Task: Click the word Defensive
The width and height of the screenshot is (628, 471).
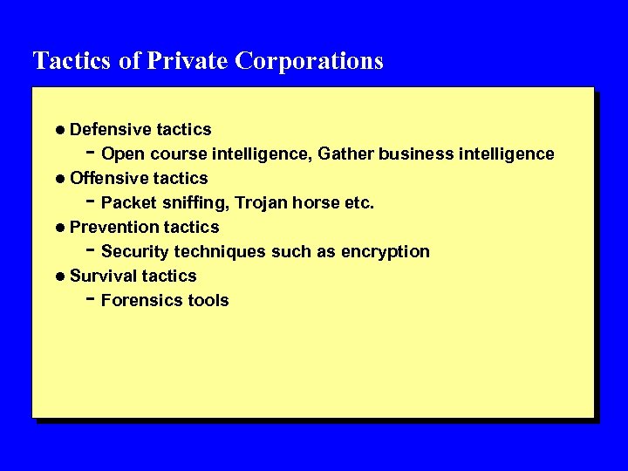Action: click(x=110, y=129)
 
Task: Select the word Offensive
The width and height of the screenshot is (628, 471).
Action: click(x=109, y=178)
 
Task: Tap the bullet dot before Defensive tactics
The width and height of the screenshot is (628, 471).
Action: click(x=59, y=130)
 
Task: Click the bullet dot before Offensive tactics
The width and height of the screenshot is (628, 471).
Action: click(x=59, y=179)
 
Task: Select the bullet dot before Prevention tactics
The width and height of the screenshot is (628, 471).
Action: click(x=59, y=228)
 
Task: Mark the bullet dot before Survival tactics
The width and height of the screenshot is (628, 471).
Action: click(x=59, y=276)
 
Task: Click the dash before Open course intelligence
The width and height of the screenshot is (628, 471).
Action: click(x=91, y=151)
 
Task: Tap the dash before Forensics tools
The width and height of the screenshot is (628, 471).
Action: click(x=91, y=297)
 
